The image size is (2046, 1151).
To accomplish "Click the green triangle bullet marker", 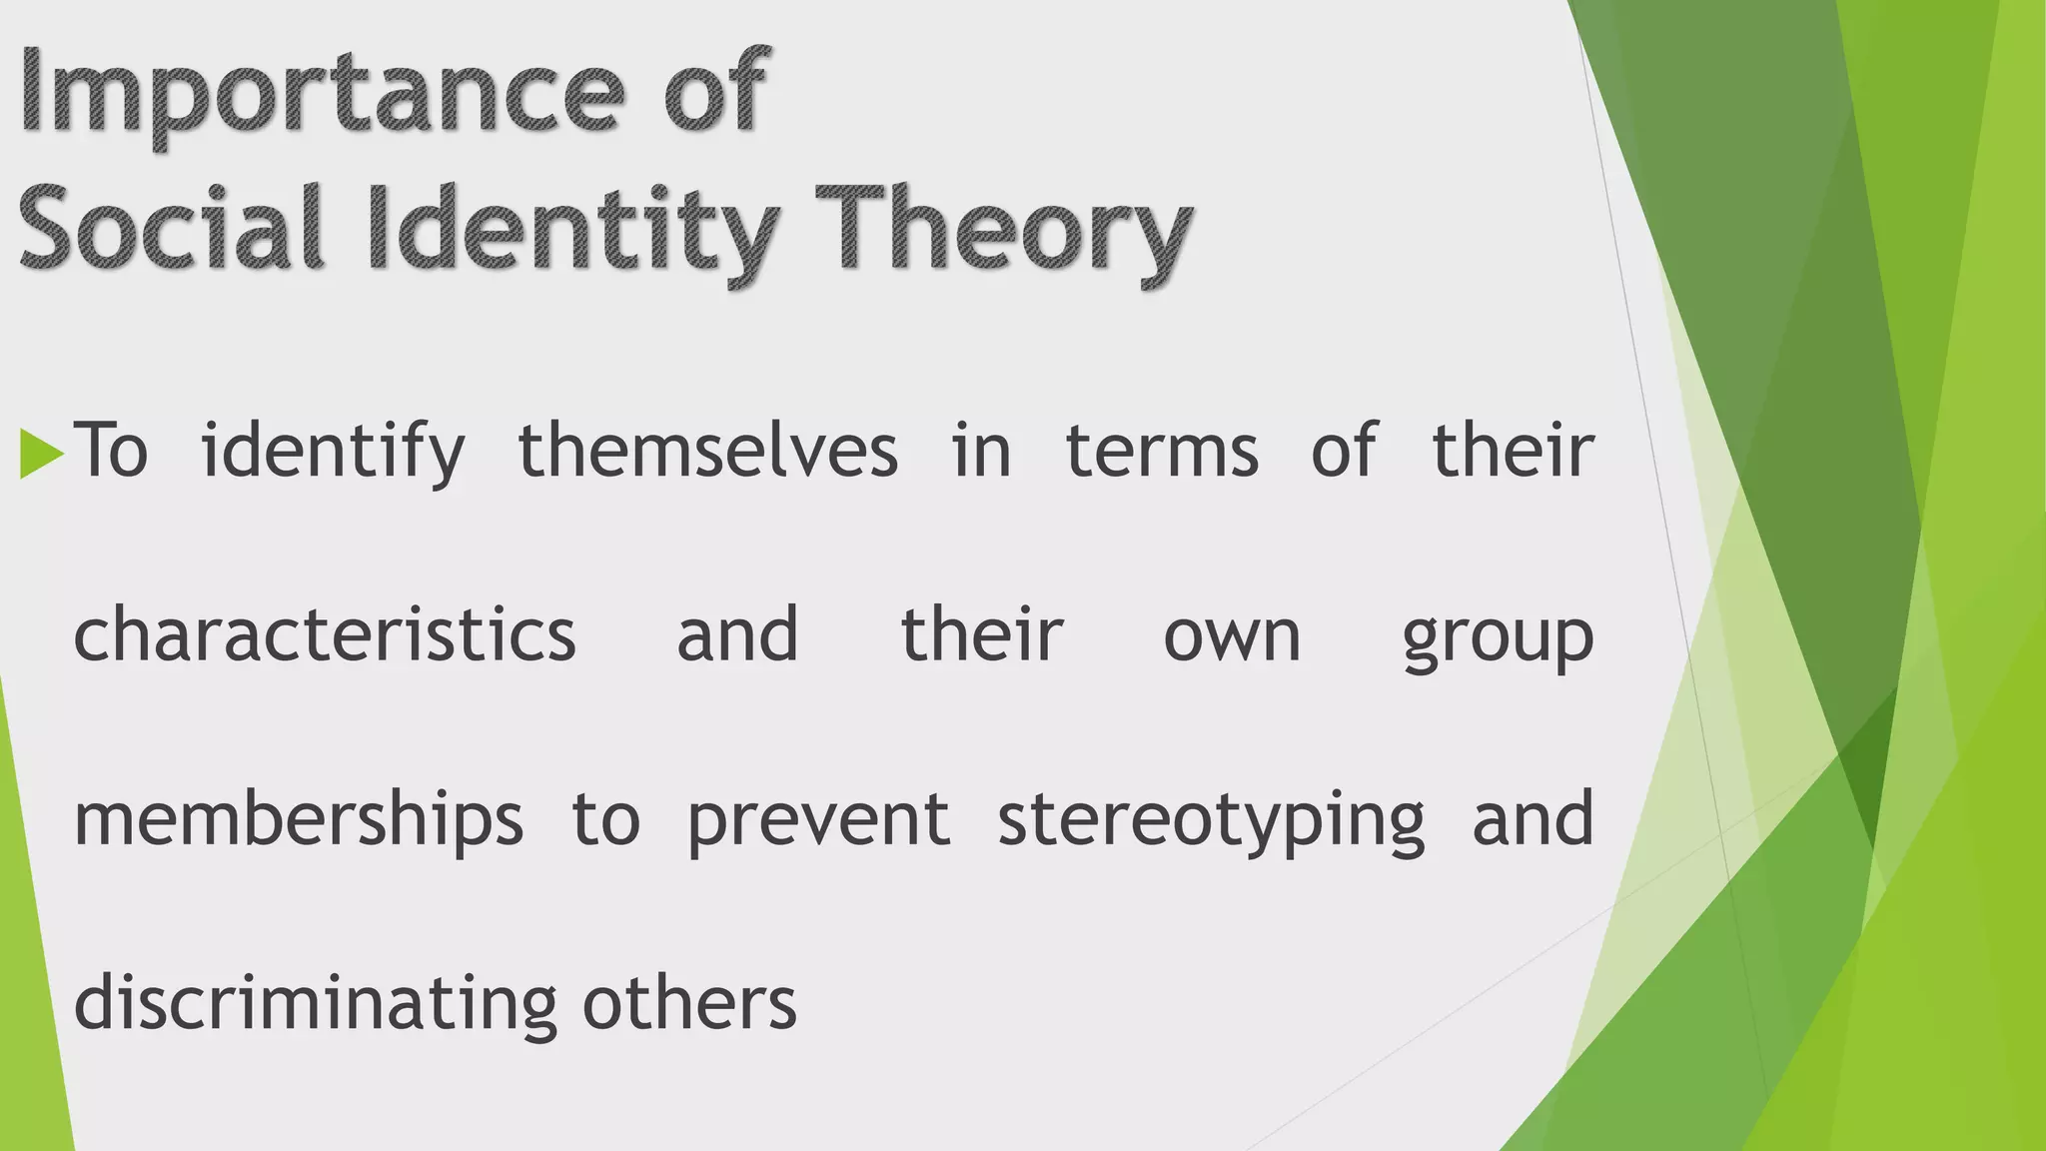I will [41, 453].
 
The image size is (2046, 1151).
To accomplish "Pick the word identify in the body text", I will [334, 452].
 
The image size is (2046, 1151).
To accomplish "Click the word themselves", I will [708, 452].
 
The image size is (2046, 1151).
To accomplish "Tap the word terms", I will [1162, 452].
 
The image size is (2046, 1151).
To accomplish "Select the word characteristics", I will [325, 635].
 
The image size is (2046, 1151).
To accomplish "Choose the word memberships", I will [299, 820].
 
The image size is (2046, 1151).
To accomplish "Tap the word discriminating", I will [316, 1003].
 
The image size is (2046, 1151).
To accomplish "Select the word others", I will [689, 1003].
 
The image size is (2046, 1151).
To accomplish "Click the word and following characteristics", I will [737, 635].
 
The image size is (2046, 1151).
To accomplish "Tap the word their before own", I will [982, 635].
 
